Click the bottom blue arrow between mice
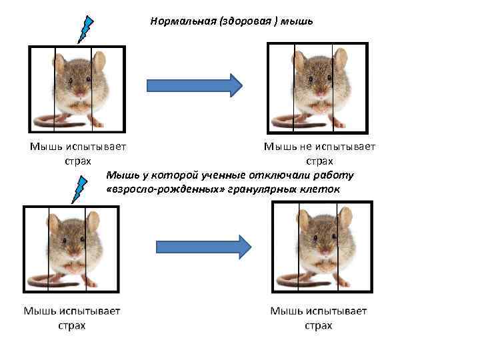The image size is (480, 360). (203, 247)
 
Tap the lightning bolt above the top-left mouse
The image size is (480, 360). (85, 29)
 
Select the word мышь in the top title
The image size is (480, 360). (297, 21)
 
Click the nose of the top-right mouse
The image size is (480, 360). (318, 89)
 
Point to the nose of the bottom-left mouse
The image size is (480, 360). (73, 253)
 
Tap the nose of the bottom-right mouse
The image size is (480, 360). (325, 251)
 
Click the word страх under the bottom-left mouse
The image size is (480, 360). (71, 325)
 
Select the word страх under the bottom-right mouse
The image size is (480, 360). (318, 325)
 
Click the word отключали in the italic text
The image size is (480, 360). (269, 175)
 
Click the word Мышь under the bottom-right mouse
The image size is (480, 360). (285, 311)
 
